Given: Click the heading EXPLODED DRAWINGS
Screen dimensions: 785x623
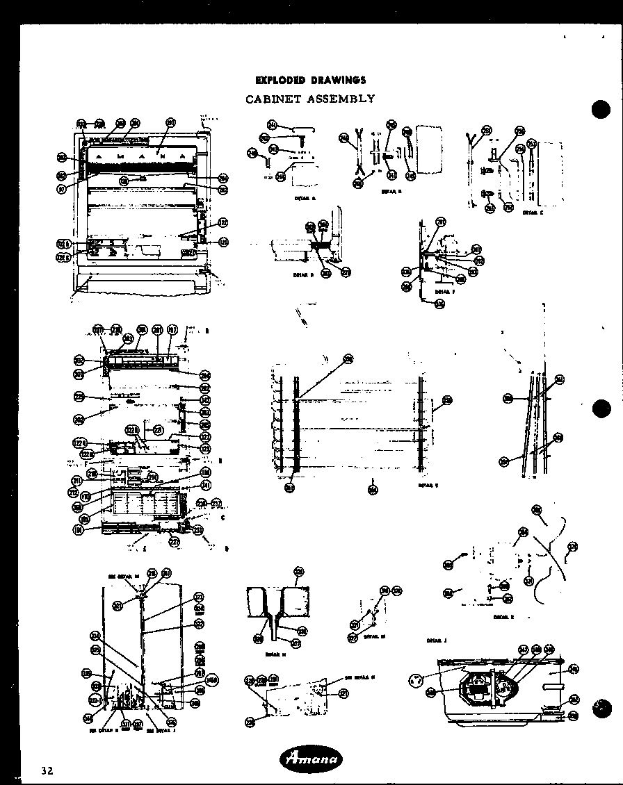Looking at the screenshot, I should pyautogui.click(x=310, y=81).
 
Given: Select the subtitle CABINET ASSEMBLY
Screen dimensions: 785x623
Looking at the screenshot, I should pyautogui.click(x=310, y=99).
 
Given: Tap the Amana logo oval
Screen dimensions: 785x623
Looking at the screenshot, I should pyautogui.click(x=311, y=759).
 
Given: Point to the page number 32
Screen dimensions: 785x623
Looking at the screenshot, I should pyautogui.click(x=47, y=770).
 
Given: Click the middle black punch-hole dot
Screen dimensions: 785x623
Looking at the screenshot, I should pyautogui.click(x=600, y=409).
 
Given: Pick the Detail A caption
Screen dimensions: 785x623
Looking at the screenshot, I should pyautogui.click(x=305, y=198).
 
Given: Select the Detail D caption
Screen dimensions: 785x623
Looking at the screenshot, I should pyautogui.click(x=304, y=275).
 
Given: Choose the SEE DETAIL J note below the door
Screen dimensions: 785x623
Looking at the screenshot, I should pyautogui.click(x=154, y=730).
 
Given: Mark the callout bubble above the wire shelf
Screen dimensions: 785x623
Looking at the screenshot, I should pyautogui.click(x=348, y=359).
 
